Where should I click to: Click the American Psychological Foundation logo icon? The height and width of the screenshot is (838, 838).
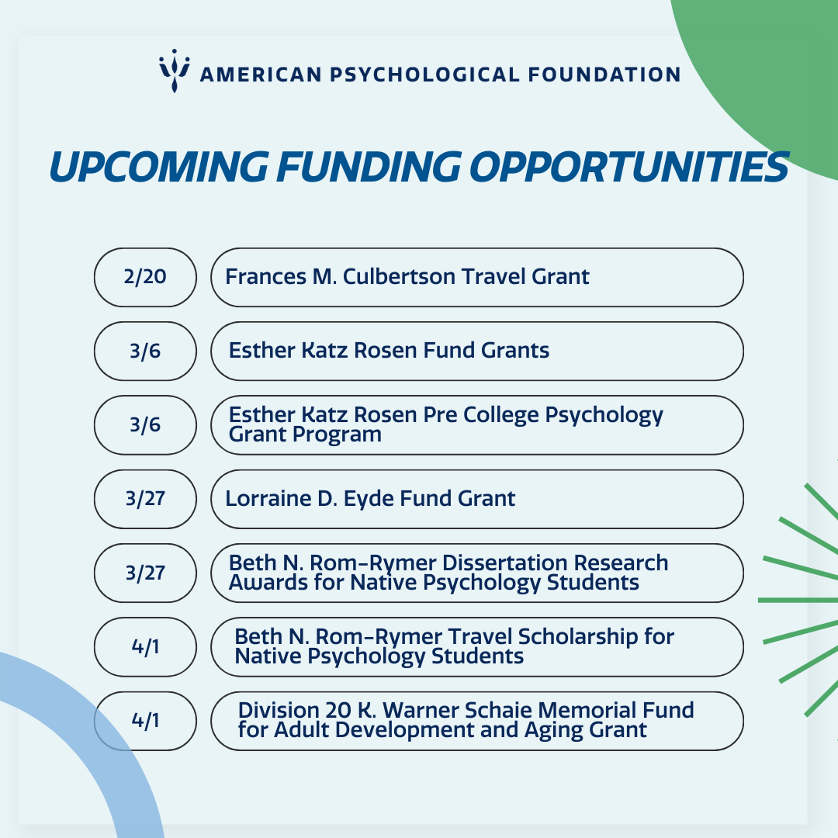click(x=175, y=71)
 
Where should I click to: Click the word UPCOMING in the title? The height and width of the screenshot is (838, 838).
click(x=159, y=167)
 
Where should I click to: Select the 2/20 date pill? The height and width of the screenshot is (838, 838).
click(x=145, y=277)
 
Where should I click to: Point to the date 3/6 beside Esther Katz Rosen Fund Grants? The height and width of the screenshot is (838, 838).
click(x=145, y=351)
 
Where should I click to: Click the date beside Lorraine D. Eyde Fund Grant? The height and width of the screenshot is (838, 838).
click(x=145, y=499)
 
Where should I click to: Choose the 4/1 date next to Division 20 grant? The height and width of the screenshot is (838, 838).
click(x=145, y=721)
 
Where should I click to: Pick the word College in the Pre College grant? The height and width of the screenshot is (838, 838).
click(x=501, y=415)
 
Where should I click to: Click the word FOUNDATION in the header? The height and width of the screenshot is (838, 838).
click(x=604, y=74)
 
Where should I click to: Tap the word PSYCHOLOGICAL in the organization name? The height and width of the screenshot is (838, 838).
click(x=424, y=74)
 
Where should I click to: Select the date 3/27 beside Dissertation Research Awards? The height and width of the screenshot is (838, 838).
click(x=145, y=573)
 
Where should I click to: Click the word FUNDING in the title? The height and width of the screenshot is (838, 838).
click(x=369, y=167)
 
